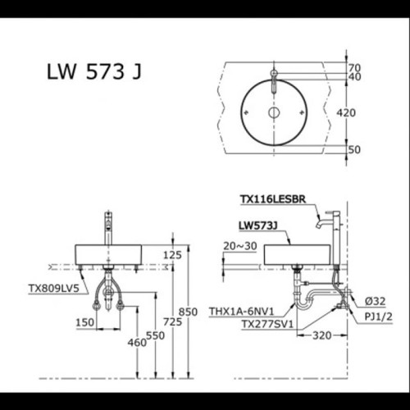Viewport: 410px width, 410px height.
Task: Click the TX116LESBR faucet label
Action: (x=272, y=199)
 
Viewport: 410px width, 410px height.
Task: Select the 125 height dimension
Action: (x=171, y=255)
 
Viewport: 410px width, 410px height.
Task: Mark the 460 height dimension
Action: (x=136, y=341)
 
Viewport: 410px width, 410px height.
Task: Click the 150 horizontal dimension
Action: (x=84, y=322)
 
